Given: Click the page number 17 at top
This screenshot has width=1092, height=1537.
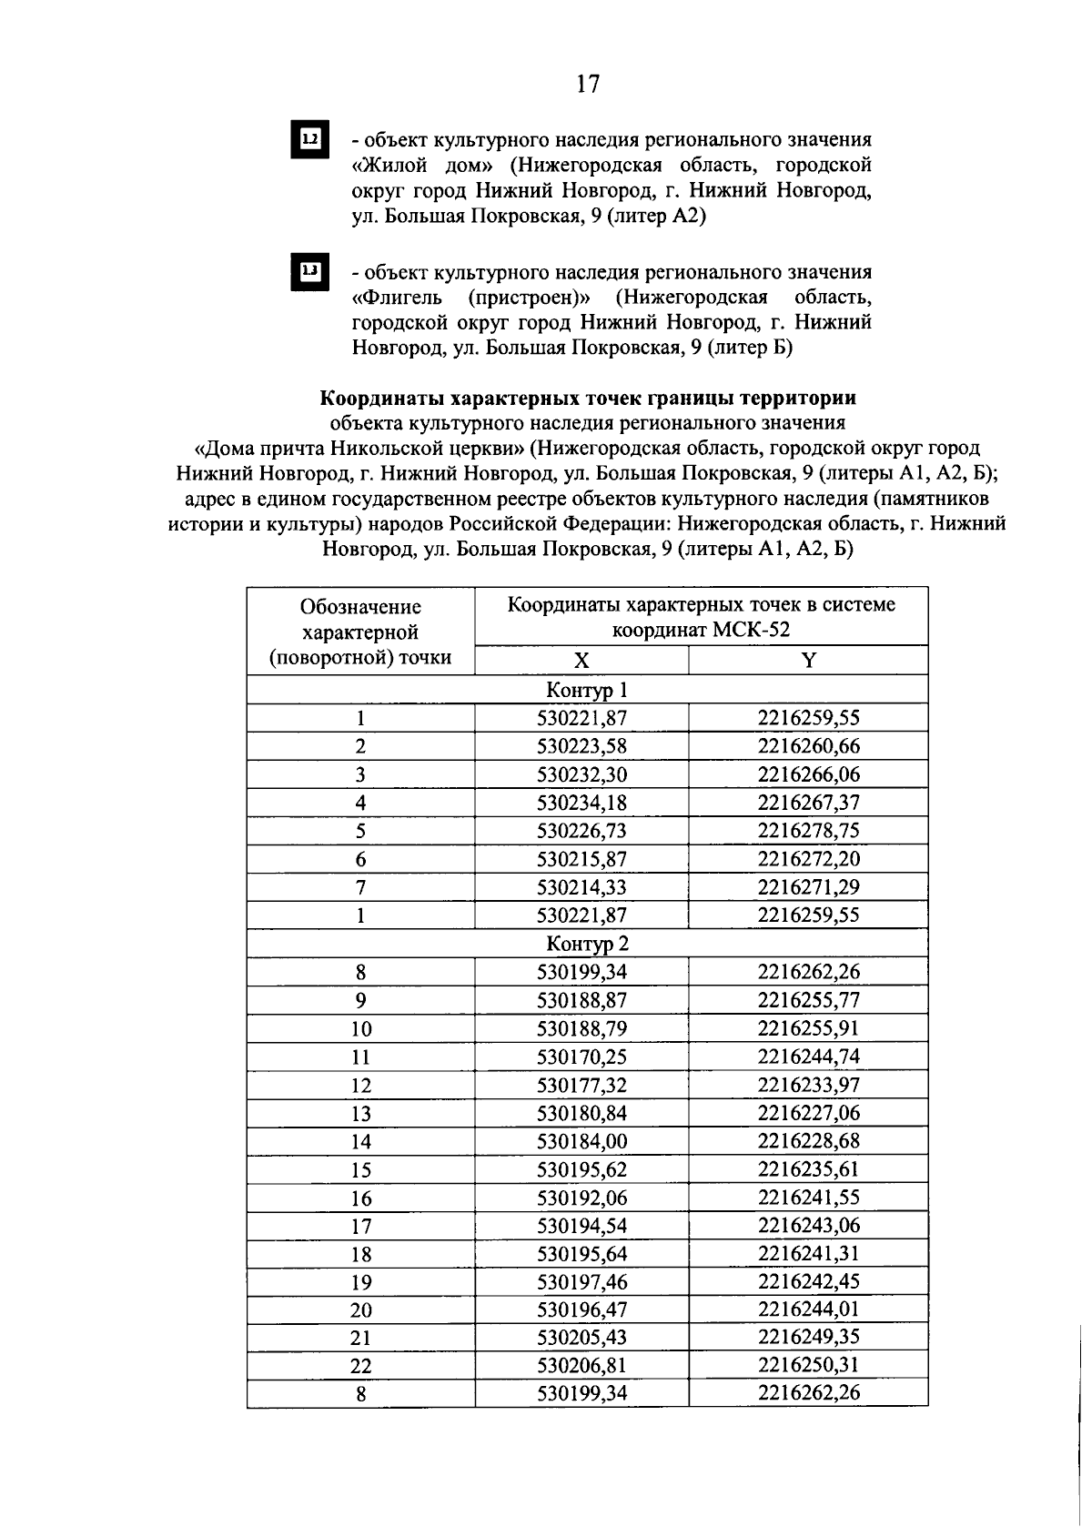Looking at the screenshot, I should pyautogui.click(x=589, y=85).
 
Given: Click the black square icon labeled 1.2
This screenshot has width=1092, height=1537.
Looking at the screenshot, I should pyautogui.click(x=309, y=140).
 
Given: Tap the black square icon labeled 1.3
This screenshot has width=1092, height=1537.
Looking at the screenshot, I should pyautogui.click(x=309, y=272).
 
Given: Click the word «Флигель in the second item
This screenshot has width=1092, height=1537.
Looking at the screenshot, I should pyautogui.click(x=397, y=298).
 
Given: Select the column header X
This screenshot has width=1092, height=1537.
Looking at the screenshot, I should pyautogui.click(x=581, y=661).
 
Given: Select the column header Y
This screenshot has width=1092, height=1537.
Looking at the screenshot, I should pyautogui.click(x=808, y=661).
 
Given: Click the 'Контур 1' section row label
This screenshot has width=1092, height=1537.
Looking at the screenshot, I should pyautogui.click(x=587, y=690).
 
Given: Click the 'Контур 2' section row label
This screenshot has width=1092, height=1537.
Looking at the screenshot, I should pyautogui.click(x=587, y=944).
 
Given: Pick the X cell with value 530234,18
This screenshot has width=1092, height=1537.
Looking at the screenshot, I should pyautogui.click(x=581, y=803).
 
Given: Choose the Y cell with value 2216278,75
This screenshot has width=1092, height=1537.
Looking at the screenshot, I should pyautogui.click(x=808, y=831).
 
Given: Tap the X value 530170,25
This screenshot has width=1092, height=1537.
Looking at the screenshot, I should pyautogui.click(x=581, y=1057).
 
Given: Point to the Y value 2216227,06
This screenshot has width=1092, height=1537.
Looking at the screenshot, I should pyautogui.click(x=808, y=1113).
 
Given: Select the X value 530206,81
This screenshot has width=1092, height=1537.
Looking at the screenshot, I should pyautogui.click(x=581, y=1366).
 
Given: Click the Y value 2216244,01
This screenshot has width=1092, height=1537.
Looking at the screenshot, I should pyautogui.click(x=808, y=1309).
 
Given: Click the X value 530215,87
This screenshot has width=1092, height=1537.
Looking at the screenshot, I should pyautogui.click(x=581, y=859).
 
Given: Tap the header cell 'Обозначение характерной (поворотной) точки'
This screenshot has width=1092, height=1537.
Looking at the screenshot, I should pyautogui.click(x=360, y=632).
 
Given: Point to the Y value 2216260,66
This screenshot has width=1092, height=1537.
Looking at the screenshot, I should pyautogui.click(x=808, y=746).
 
